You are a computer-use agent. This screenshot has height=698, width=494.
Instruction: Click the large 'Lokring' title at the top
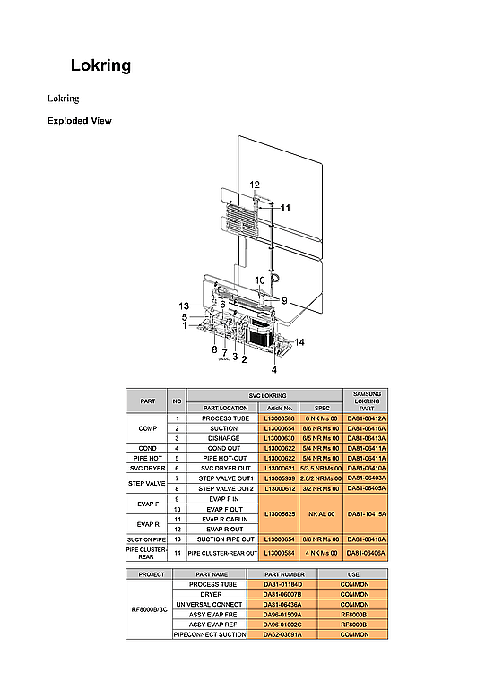101,65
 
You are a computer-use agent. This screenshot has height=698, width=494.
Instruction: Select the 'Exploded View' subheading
79,121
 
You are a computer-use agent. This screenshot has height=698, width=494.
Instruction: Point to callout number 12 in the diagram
255,185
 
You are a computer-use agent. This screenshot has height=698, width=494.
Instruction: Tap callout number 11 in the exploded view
285,207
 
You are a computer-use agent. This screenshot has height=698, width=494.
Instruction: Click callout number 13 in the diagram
184,306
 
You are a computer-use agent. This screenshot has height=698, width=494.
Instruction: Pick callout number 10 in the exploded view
259,280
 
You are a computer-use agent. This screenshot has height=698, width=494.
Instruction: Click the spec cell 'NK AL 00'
322,514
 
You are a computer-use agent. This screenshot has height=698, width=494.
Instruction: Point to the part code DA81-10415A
367,514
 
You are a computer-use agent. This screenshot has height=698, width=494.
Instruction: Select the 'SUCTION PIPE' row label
147,539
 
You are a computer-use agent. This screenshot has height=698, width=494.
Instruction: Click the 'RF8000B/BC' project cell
150,614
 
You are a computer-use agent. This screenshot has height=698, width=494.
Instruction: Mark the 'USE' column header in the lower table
354,573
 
